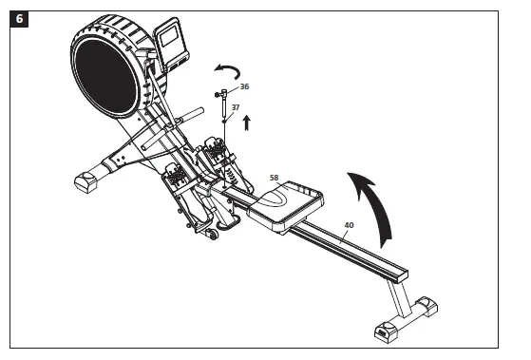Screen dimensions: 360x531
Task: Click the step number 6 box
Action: [18, 18]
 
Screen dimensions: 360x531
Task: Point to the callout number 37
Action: [236, 108]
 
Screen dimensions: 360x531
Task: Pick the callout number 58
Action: [275, 177]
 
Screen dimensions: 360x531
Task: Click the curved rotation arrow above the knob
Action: [226, 72]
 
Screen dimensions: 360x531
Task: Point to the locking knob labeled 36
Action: [223, 94]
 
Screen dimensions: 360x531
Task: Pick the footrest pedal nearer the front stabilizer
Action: [179, 177]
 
